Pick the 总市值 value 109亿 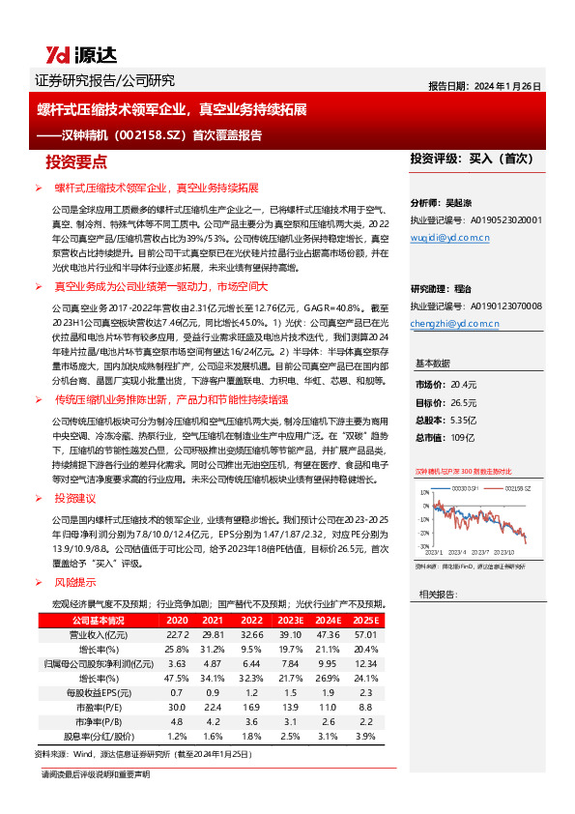coord(462,438)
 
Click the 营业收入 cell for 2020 coord(177,634)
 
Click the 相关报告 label coord(438,594)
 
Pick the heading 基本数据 coord(432,363)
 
